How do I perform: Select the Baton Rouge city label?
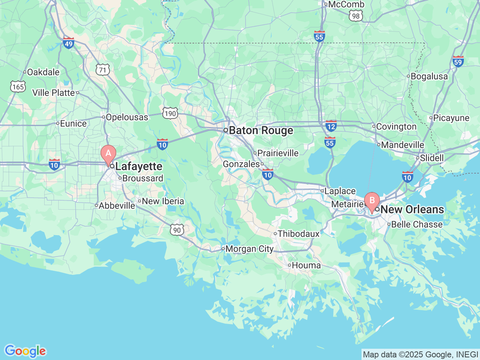tap(261, 130)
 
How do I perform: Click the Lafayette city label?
tap(139, 166)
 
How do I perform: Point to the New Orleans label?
tap(412, 209)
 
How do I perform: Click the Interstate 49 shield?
tap(68, 43)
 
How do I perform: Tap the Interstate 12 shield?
tap(331, 126)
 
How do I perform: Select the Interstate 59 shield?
tap(458, 61)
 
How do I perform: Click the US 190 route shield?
tap(170, 113)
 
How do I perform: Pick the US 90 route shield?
tap(177, 230)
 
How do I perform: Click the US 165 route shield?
tap(18, 87)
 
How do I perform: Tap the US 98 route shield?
tap(355, 16)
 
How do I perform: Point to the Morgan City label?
tap(249, 249)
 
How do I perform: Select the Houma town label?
tap(306, 265)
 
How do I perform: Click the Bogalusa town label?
tap(429, 76)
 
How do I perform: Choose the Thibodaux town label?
tap(298, 234)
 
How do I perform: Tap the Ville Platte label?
tap(54, 93)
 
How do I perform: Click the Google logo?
tap(25, 351)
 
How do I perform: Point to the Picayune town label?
tap(451, 118)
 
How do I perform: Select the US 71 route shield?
tap(102, 70)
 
